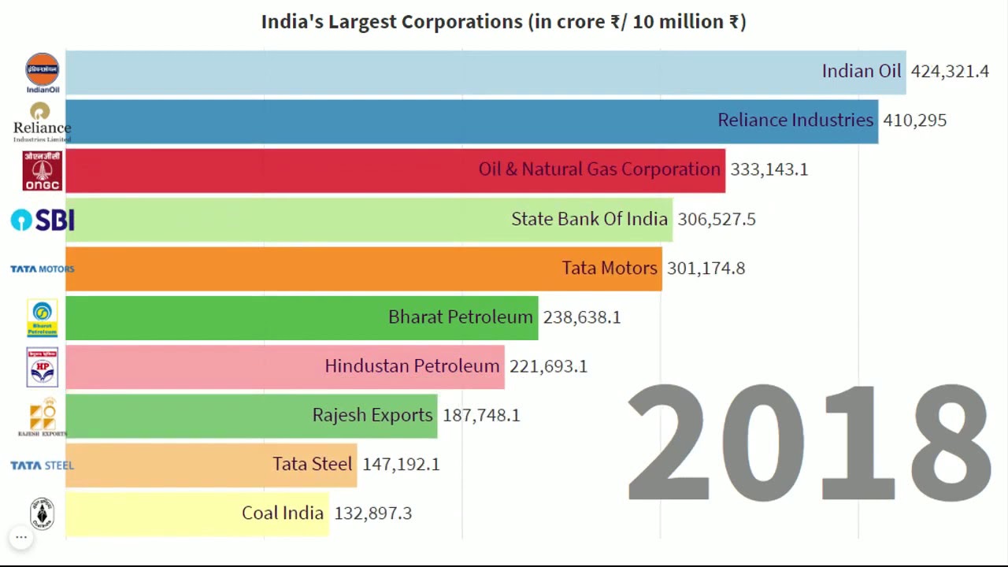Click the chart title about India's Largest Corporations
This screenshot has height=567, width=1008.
(503, 21)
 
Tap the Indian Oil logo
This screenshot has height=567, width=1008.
(43, 72)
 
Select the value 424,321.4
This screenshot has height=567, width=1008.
(949, 72)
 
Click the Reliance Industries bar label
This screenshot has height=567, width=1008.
(795, 120)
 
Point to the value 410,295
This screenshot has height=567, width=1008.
(914, 120)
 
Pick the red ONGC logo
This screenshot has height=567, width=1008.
(43, 170)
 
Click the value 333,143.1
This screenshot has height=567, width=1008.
(769, 169)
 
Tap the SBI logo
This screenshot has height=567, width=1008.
(43, 220)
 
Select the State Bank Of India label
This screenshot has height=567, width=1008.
(589, 219)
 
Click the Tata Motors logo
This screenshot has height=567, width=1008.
(43, 269)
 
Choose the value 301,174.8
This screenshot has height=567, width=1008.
(706, 268)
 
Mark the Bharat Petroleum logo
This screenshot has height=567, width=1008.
(43, 318)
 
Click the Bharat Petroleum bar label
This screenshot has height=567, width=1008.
(460, 317)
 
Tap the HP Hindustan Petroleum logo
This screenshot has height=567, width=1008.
(43, 367)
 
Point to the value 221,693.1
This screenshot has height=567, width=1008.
(548, 366)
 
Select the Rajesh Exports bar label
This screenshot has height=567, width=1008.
(372, 415)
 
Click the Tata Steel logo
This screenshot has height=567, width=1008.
(43, 465)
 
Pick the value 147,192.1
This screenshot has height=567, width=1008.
(401, 465)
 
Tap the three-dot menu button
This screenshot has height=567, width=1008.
(21, 538)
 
